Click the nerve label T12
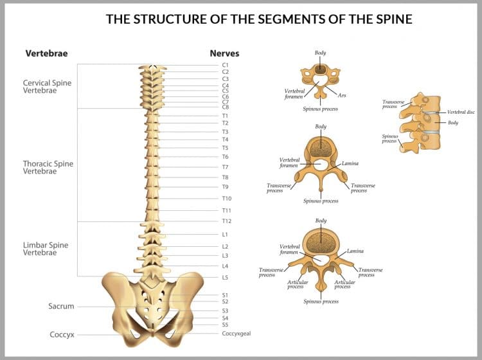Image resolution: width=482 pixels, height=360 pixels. (227, 221)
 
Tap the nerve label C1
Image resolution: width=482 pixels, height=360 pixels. (226, 65)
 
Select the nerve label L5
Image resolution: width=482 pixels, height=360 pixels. (226, 278)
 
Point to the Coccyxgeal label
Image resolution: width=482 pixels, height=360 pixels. (237, 334)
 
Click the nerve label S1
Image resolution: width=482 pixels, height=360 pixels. (226, 295)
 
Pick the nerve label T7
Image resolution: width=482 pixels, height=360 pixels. (226, 167)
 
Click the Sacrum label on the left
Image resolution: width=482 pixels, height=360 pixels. (61, 307)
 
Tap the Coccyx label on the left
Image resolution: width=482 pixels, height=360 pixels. (62, 335)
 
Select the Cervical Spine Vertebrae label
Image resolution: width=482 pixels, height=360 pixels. (47, 87)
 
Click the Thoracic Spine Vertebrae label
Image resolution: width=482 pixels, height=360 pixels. (48, 167)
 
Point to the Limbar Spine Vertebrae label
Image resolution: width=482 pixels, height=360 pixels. (46, 249)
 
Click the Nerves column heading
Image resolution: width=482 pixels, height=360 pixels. (224, 53)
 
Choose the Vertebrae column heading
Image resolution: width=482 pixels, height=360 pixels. (46, 53)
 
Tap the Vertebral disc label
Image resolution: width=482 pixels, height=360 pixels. (461, 112)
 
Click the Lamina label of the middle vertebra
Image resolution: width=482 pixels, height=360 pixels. (350, 163)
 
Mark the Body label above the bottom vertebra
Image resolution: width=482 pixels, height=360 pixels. (321, 221)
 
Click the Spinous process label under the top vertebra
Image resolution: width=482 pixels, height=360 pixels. (321, 109)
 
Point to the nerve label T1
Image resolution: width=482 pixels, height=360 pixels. (226, 116)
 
